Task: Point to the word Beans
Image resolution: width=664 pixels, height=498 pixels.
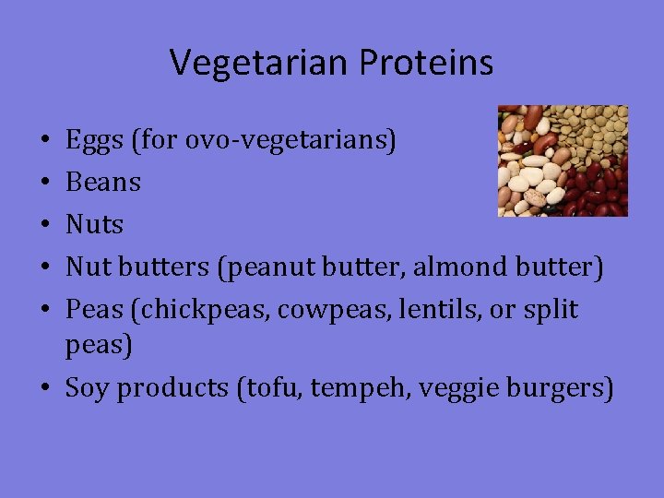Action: (103, 183)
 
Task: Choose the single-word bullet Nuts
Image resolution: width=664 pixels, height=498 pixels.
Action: (94, 224)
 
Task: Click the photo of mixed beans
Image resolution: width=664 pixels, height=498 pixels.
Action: (563, 160)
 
